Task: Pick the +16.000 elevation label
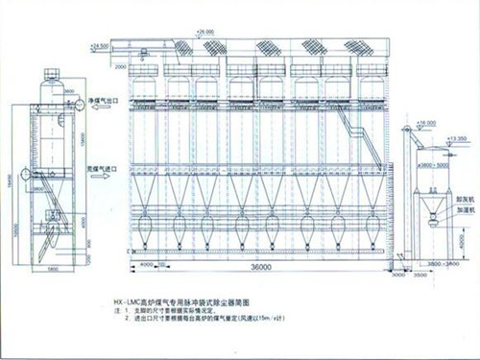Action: tap(427, 124)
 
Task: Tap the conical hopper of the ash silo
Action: tap(427, 205)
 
